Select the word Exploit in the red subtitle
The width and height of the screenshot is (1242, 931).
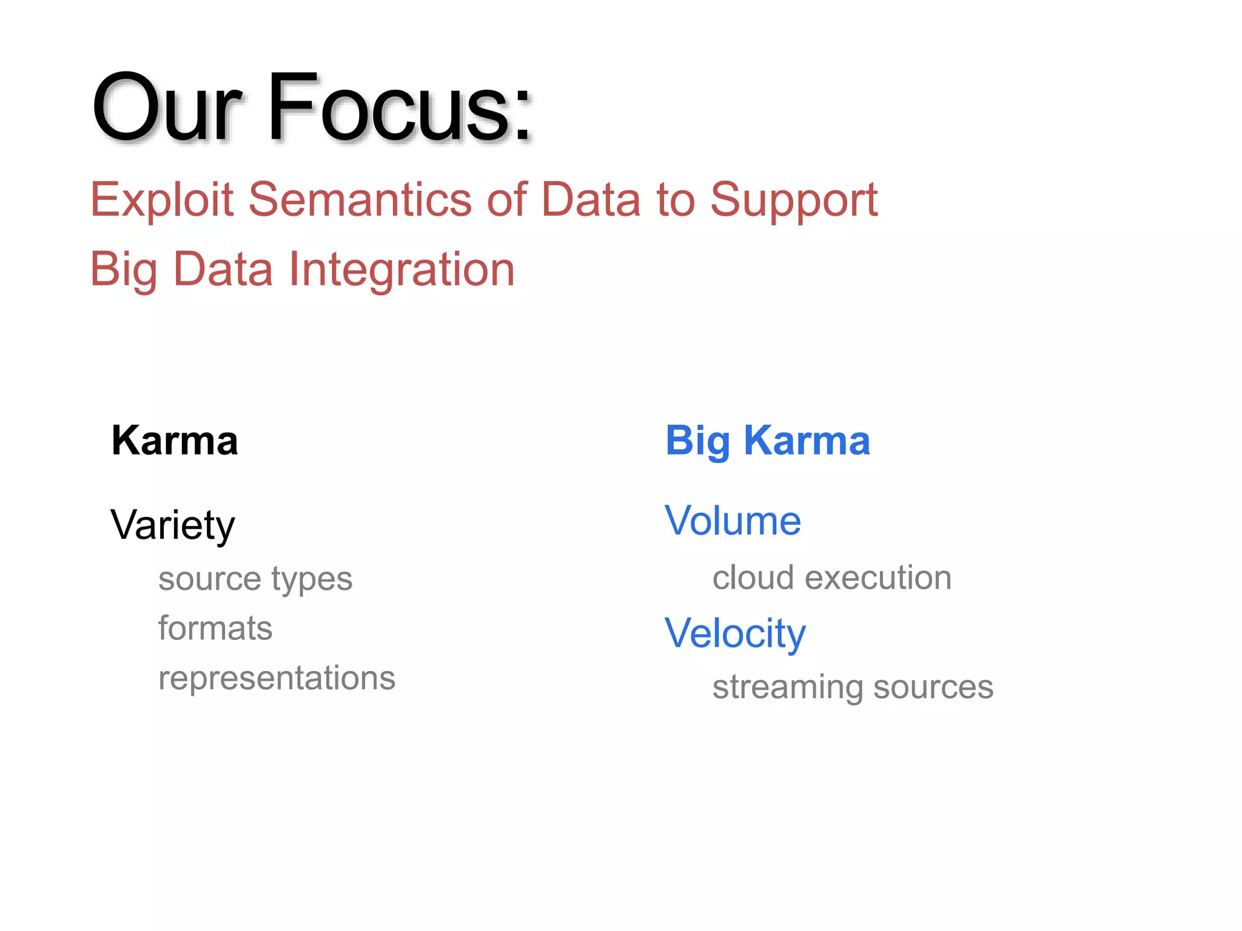pyautogui.click(x=161, y=200)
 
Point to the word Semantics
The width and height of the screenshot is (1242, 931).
pyautogui.click(x=360, y=200)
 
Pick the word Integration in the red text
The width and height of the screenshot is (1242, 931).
pyautogui.click(x=401, y=270)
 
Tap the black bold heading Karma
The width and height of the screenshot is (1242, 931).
pyautogui.click(x=175, y=441)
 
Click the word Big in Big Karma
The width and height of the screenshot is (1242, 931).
pyautogui.click(x=697, y=441)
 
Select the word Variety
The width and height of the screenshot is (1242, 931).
pyautogui.click(x=172, y=525)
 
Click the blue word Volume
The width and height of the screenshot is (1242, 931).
pyautogui.click(x=732, y=521)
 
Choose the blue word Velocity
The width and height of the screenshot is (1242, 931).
pyautogui.click(x=734, y=633)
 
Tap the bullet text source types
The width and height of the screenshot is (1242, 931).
pyautogui.click(x=255, y=579)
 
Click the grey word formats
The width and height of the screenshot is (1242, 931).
pyautogui.click(x=215, y=629)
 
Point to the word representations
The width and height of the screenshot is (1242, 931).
pyautogui.click(x=277, y=678)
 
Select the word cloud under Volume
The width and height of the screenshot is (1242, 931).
pyautogui.click(x=753, y=578)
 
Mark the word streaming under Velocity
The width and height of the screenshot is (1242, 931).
pyautogui.click(x=787, y=687)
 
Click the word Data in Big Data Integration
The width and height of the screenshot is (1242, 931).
pyautogui.click(x=223, y=270)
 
